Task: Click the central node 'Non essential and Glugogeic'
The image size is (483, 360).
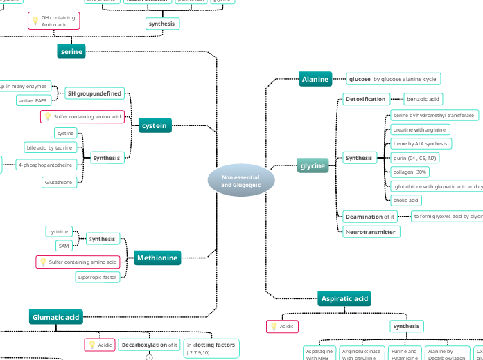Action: coord(241,181)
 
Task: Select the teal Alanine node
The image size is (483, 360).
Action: coord(315,80)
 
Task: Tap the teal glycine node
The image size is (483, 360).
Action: coord(313,166)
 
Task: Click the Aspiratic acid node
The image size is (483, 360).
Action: coord(344,298)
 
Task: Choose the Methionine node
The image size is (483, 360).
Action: coord(157,258)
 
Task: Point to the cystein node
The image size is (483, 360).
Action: coord(154,126)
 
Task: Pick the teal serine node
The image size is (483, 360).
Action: coord(71,51)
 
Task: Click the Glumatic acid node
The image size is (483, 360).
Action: coord(56,317)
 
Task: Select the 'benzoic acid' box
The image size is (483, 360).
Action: coord(422,100)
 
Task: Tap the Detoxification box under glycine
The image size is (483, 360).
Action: coord(365,100)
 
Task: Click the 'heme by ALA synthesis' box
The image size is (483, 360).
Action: coord(420,143)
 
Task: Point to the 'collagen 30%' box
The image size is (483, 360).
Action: coord(410,172)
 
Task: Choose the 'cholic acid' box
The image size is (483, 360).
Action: coord(405,200)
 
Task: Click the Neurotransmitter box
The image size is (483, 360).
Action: coord(370,232)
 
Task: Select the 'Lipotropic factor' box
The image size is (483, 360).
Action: coord(97,277)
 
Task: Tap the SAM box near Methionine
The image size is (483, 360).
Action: coord(63,246)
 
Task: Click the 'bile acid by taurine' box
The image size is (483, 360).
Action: coord(49,147)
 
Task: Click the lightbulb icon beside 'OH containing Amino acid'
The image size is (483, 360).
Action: coord(35,21)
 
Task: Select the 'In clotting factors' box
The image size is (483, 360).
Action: coord(211,348)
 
